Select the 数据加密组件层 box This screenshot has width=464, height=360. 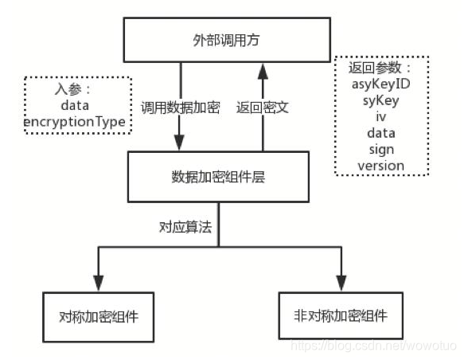click(x=218, y=176)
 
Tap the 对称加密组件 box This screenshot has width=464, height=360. click(x=99, y=315)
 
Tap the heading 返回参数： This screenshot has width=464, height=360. click(x=379, y=69)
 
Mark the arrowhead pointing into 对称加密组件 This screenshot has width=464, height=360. click(x=99, y=284)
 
